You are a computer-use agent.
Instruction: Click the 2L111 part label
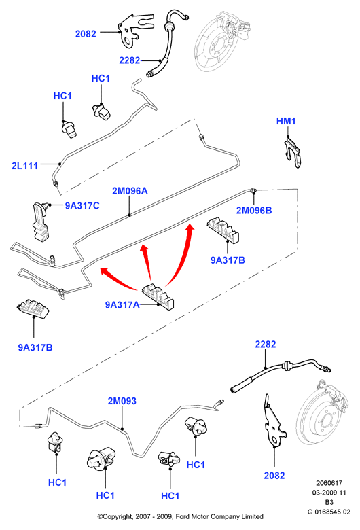(x=24, y=166)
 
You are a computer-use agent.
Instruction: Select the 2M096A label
(x=130, y=191)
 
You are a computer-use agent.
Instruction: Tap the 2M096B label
(x=254, y=210)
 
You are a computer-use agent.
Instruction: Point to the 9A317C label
(x=82, y=206)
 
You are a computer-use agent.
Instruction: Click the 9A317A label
(x=122, y=305)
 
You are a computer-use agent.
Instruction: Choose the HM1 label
(x=286, y=121)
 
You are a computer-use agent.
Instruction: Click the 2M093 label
(x=122, y=401)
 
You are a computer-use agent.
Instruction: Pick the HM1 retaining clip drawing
(x=291, y=152)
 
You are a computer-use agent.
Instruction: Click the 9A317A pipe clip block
(x=158, y=296)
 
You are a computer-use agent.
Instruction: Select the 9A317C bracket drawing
(x=41, y=222)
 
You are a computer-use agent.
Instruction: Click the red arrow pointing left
(x=118, y=279)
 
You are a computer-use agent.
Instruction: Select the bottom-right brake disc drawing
(x=322, y=414)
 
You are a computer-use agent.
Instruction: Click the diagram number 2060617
(x=329, y=483)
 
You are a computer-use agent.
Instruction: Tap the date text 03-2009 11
(x=329, y=493)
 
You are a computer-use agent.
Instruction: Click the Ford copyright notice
(x=180, y=516)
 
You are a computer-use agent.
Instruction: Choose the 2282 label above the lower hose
(x=266, y=344)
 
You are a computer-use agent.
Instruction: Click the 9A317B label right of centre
(x=228, y=260)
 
